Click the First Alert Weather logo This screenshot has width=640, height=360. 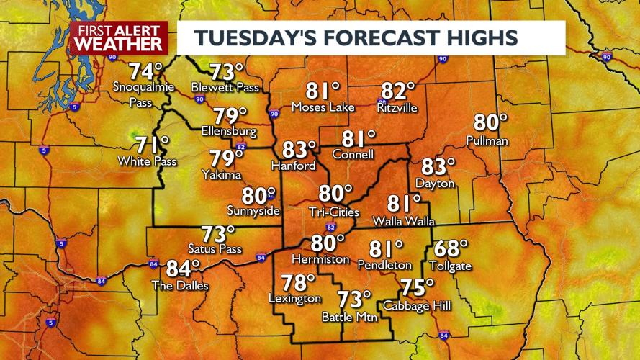point(119,37)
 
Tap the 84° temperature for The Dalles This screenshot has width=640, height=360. point(183,269)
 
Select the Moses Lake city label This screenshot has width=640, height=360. point(323,107)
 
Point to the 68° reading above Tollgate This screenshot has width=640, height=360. point(451,249)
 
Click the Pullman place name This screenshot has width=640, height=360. point(487,140)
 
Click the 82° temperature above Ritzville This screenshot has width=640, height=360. point(398,91)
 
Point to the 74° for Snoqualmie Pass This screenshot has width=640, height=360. point(146,72)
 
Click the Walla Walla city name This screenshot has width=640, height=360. point(403,221)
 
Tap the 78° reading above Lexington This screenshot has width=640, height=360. point(297,282)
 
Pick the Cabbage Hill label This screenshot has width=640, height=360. point(417,306)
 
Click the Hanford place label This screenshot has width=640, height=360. point(293,166)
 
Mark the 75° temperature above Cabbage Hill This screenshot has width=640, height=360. point(418,288)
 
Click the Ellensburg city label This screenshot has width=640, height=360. point(229,132)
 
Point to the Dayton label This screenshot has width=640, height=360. point(436,184)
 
